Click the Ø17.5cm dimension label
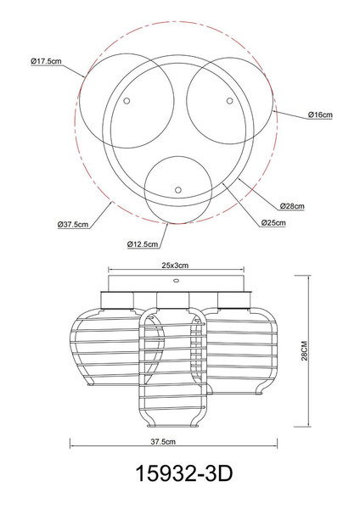pos(46,61)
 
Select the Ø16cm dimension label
pos(320,115)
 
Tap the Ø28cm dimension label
pos(292,206)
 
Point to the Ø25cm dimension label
pos(273,222)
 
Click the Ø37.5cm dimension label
pos(73,224)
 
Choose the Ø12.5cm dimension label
pos(143,244)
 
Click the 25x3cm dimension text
pos(175,266)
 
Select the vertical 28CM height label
pos(304,350)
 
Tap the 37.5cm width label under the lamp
pos(163,441)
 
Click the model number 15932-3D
pos(184,473)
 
